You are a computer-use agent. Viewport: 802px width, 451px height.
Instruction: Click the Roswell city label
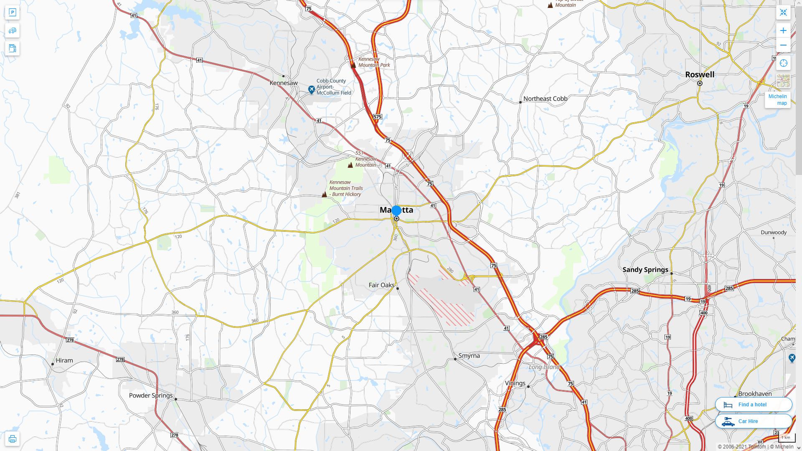[700, 75]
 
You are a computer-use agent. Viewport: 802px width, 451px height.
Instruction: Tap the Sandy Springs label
[645, 270]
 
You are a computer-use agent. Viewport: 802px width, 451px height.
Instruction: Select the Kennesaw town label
[284, 83]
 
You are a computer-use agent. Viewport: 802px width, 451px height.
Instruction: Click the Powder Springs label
[151, 395]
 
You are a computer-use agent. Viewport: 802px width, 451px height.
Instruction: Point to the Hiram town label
[64, 360]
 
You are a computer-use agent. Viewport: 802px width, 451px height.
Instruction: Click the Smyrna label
[469, 356]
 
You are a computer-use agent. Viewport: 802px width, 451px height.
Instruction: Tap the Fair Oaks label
[381, 285]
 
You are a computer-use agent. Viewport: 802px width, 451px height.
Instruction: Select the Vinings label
[515, 383]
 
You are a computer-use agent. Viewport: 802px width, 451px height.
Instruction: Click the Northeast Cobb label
[545, 99]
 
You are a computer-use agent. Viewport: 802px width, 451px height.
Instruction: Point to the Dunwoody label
[773, 233]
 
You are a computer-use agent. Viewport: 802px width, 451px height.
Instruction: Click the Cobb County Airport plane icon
[311, 90]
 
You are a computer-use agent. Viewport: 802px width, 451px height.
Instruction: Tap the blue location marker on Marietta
[396, 211]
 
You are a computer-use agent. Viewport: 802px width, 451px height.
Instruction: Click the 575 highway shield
[377, 117]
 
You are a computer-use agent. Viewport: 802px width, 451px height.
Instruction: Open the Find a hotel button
[753, 405]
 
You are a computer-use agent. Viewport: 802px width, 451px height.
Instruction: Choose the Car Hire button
[753, 421]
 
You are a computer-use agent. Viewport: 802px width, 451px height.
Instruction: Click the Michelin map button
[777, 100]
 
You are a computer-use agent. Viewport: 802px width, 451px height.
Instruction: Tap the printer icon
[12, 439]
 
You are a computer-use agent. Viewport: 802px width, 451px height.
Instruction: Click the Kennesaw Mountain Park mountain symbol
[353, 65]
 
